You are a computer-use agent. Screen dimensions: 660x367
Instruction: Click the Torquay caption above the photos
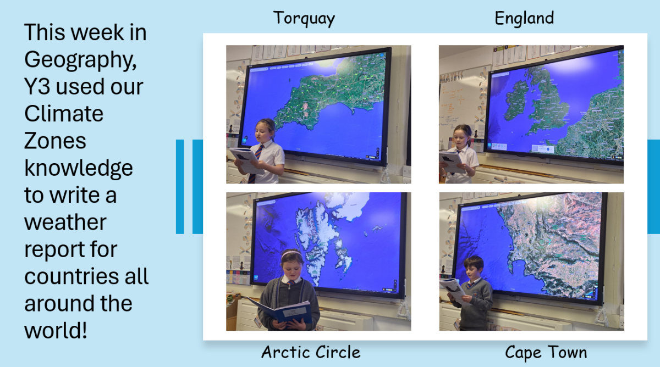pyautogui.click(x=304, y=19)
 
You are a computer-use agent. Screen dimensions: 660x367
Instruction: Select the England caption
pyautogui.click(x=524, y=18)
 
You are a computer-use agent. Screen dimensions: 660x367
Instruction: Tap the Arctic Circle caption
pyautogui.click(x=311, y=352)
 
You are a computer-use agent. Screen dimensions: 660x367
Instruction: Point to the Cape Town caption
pyautogui.click(x=546, y=353)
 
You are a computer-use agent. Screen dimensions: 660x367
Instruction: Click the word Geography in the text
pyautogui.click(x=80, y=60)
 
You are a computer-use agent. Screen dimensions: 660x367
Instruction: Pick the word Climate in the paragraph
pyautogui.click(x=64, y=114)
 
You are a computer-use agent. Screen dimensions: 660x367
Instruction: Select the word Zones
pyautogui.click(x=55, y=141)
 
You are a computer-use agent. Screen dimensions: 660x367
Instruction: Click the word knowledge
pyautogui.click(x=78, y=168)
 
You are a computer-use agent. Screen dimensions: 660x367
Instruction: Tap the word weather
pyautogui.click(x=65, y=222)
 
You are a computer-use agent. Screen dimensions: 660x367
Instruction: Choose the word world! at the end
pyautogui.click(x=56, y=330)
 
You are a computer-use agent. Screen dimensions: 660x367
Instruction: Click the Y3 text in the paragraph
pyautogui.click(x=37, y=86)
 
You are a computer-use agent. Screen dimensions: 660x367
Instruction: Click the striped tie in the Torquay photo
pyautogui.click(x=255, y=164)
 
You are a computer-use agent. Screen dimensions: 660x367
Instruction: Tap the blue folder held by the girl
pyautogui.click(x=281, y=312)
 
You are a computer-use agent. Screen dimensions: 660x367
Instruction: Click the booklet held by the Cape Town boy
pyautogui.click(x=452, y=291)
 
